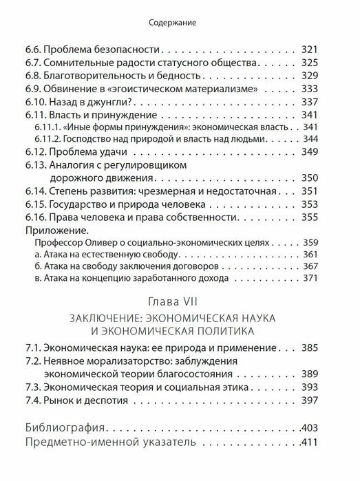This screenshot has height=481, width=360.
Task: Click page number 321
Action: pyautogui.click(x=312, y=50)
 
